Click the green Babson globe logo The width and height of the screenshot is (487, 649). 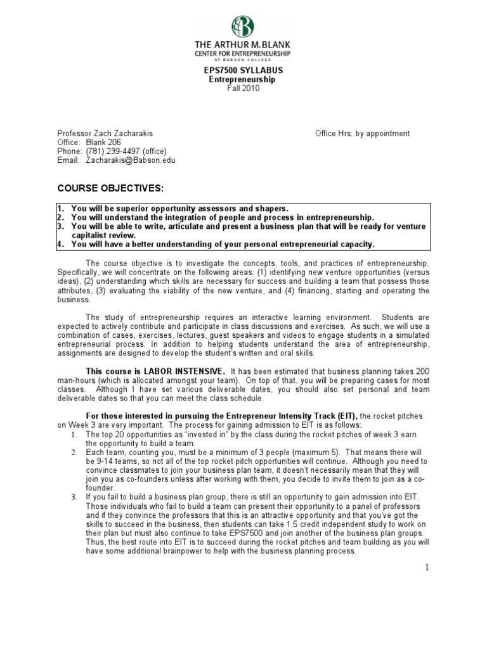(x=243, y=26)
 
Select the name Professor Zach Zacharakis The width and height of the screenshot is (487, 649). (x=105, y=134)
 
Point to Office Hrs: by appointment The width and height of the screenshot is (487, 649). (x=363, y=134)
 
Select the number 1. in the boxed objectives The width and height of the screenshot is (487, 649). (x=62, y=209)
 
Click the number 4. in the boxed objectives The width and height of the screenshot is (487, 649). (x=62, y=244)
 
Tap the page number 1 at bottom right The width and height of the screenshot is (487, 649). (x=427, y=568)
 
